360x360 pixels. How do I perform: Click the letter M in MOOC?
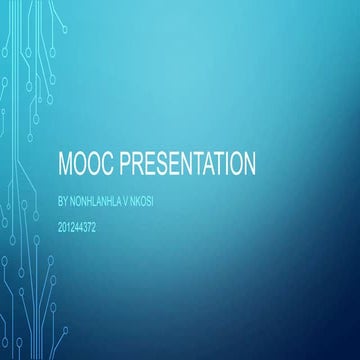[x=68, y=163]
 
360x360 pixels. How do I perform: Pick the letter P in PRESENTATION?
[x=125, y=163]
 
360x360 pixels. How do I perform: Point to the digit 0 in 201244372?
[x=66, y=228]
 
